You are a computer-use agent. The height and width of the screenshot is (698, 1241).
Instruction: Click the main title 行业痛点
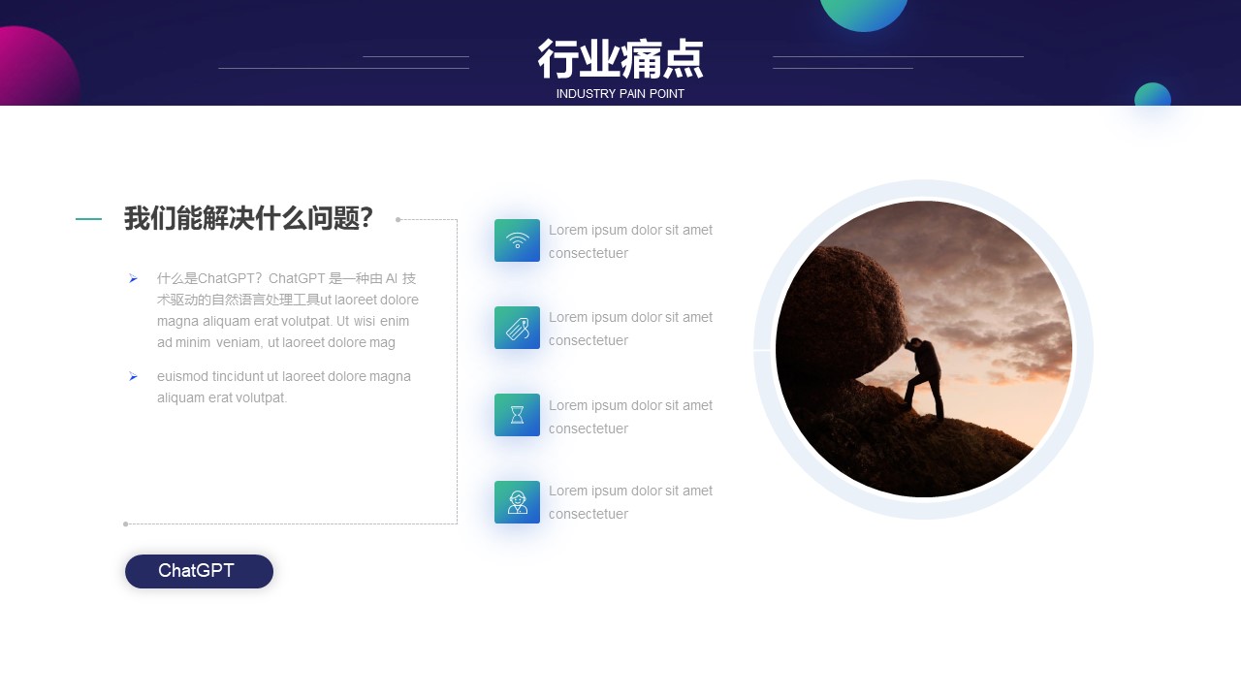[620, 59]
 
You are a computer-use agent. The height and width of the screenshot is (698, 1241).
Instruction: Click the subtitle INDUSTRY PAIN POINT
[620, 94]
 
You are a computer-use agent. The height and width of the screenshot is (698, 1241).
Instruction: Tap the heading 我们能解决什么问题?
[248, 218]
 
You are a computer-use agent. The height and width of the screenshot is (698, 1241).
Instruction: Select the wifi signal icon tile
[517, 240]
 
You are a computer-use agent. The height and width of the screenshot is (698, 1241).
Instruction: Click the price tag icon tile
[517, 328]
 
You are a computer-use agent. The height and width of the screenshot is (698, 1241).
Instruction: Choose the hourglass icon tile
[517, 415]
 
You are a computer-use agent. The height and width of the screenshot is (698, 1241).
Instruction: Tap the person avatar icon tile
[517, 502]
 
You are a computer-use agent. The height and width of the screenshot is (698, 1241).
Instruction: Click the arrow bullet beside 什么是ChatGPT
[133, 278]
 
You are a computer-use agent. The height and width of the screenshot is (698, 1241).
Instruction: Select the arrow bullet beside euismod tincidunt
[133, 377]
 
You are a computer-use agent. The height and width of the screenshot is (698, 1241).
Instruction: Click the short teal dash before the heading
[88, 219]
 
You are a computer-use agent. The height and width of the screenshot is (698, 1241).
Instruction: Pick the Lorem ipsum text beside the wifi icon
[630, 241]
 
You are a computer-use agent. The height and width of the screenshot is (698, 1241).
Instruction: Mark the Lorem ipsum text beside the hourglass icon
[630, 417]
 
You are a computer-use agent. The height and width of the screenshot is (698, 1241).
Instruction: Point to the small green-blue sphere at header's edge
[1153, 95]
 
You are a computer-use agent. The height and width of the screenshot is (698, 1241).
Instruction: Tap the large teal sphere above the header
[864, 14]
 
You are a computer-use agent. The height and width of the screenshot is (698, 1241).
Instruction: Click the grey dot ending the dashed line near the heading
[398, 219]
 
